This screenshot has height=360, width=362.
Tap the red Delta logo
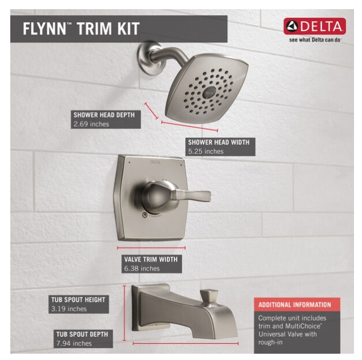(315, 26)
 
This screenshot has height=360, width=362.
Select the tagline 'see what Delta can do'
(315, 41)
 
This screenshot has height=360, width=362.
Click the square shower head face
(208, 89)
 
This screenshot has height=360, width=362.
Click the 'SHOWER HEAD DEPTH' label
(104, 114)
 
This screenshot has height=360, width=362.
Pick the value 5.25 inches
(206, 152)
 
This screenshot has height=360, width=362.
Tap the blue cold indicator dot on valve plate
(182, 164)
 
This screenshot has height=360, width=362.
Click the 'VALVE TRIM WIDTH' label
(148, 259)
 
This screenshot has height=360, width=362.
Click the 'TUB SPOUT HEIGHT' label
(77, 299)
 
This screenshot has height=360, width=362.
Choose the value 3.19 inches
(69, 309)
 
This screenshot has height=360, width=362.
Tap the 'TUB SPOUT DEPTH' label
(82, 334)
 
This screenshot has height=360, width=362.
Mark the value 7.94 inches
(74, 343)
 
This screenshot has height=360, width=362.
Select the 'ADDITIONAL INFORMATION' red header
(295, 304)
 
